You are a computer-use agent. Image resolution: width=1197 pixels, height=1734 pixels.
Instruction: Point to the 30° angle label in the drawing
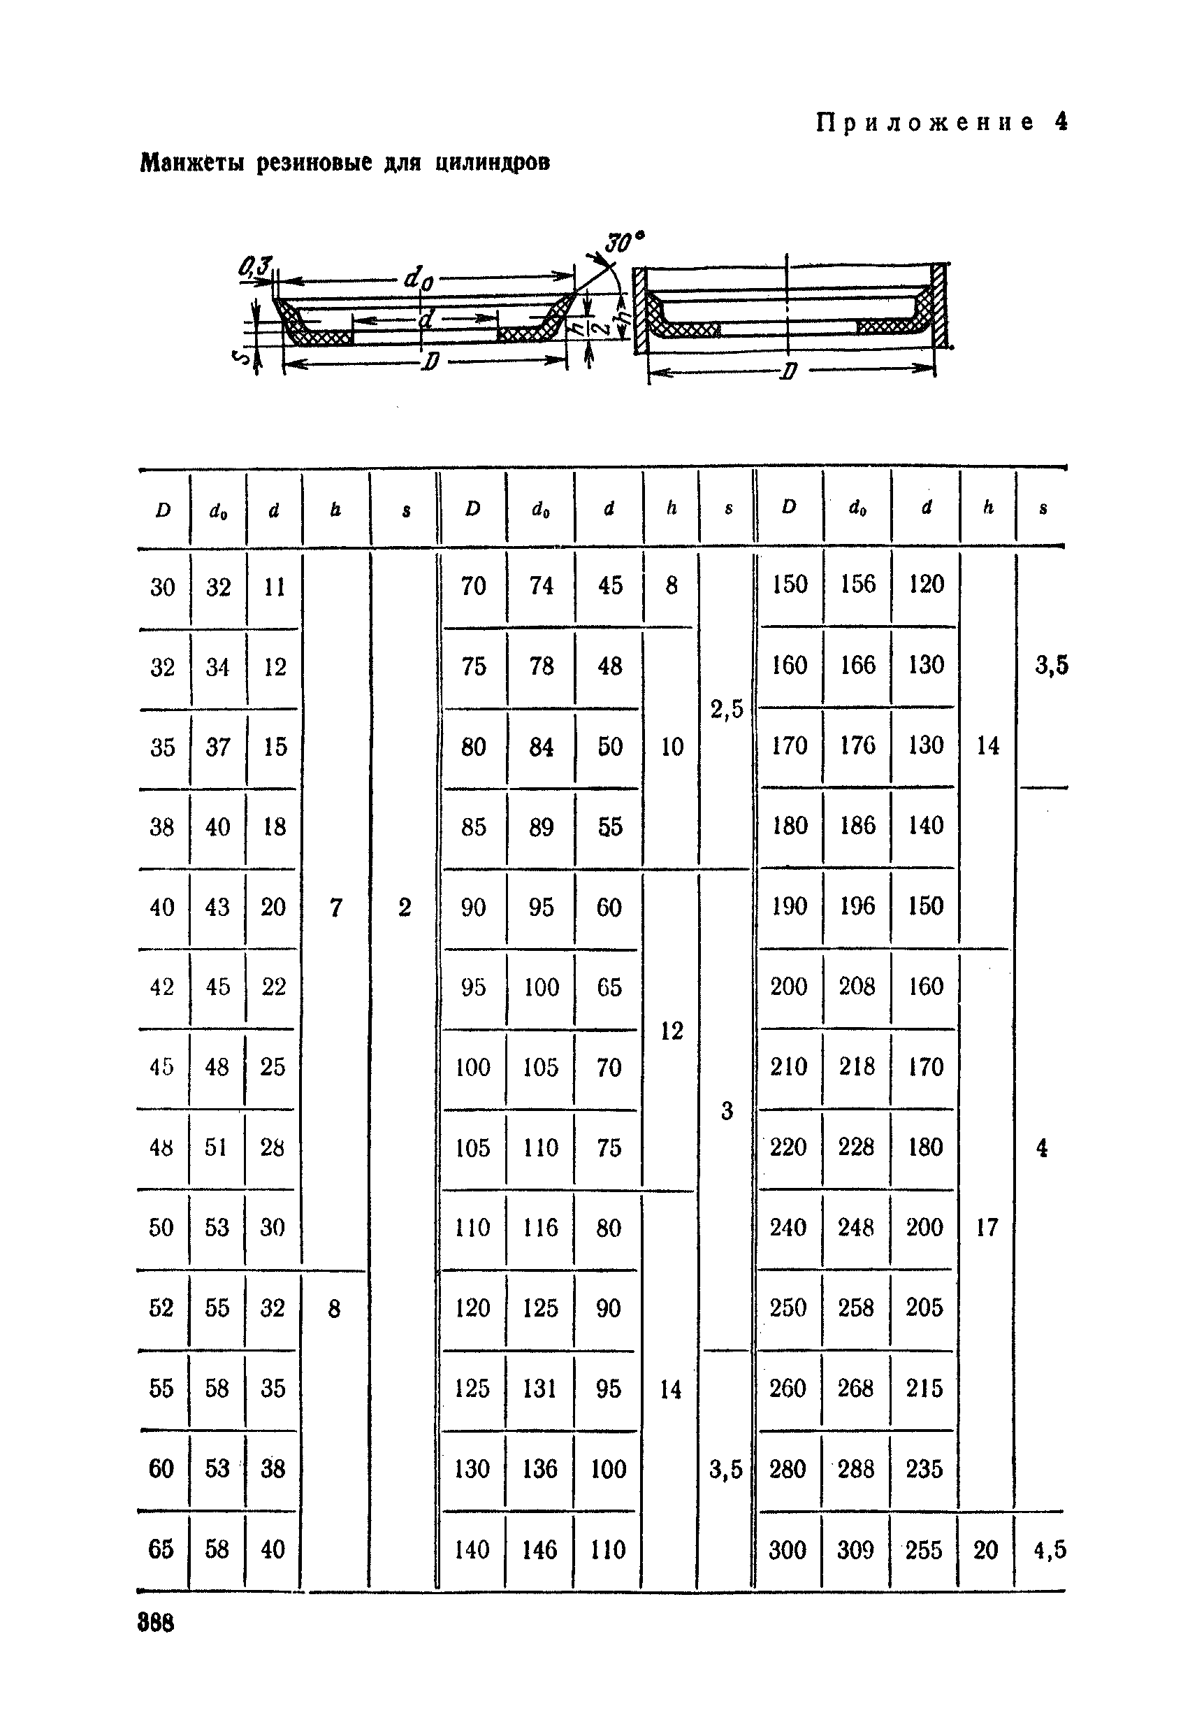(625, 243)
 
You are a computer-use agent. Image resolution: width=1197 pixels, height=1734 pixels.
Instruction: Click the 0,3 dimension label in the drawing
(255, 266)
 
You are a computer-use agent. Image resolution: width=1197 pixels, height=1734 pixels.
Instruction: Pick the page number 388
(156, 1623)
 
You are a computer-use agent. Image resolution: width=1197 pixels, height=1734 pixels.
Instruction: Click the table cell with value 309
(856, 1549)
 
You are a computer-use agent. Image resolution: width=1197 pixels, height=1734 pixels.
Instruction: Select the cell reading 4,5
(1050, 1549)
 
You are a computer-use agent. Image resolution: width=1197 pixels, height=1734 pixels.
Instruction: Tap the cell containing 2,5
(727, 708)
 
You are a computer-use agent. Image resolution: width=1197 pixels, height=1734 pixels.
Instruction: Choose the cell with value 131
(540, 1388)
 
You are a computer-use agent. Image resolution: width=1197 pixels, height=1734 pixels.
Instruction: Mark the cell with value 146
(540, 1549)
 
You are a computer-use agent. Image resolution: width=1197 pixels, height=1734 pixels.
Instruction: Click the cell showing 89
(541, 827)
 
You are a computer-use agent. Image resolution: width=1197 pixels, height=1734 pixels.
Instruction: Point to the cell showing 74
(541, 585)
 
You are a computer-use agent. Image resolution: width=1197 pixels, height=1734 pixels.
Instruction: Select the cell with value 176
(857, 745)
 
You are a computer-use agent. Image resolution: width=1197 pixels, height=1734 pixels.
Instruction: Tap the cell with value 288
(856, 1468)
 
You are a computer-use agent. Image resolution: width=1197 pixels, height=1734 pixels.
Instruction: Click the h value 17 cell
(987, 1228)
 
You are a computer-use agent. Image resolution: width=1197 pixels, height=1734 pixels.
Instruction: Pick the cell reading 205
(924, 1307)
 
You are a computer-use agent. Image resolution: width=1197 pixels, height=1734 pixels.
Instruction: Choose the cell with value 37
(217, 747)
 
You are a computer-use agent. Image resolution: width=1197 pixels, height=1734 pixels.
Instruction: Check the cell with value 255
(924, 1549)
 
